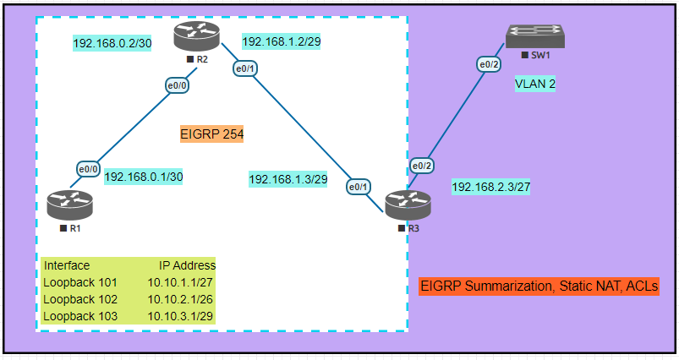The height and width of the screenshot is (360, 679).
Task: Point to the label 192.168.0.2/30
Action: click(x=112, y=44)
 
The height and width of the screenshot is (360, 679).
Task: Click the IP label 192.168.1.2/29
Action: click(x=280, y=41)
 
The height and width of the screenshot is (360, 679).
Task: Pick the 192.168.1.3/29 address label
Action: click(x=287, y=179)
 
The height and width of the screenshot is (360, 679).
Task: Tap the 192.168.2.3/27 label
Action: click(x=491, y=187)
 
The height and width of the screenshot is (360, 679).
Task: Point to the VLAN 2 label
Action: click(x=535, y=84)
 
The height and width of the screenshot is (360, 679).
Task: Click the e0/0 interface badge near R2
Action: click(x=178, y=85)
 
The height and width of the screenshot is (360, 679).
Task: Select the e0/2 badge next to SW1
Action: click(x=490, y=64)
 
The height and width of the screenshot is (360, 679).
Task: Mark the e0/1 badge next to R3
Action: click(x=359, y=186)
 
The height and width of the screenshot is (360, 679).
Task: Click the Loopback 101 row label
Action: click(x=80, y=282)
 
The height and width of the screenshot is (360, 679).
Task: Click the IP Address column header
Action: click(x=187, y=265)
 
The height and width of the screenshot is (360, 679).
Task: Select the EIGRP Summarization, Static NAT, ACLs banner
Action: click(x=538, y=286)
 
